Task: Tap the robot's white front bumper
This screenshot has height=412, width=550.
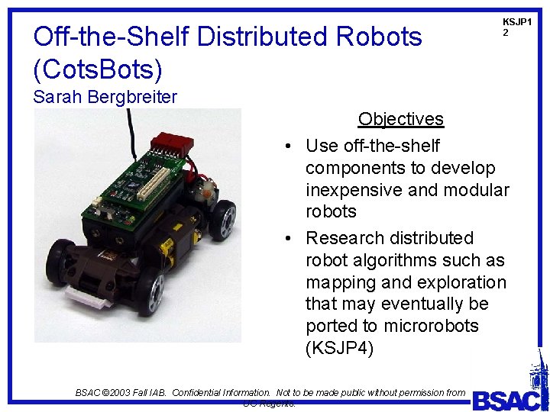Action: point(86,294)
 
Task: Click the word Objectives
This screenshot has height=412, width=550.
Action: point(400,119)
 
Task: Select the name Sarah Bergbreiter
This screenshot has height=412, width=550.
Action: point(105,97)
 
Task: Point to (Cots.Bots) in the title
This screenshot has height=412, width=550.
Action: point(99,69)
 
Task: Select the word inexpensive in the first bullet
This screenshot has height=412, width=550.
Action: point(356,189)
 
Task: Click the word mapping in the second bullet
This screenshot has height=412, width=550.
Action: point(340,282)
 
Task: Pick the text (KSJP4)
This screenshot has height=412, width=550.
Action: point(338,349)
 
